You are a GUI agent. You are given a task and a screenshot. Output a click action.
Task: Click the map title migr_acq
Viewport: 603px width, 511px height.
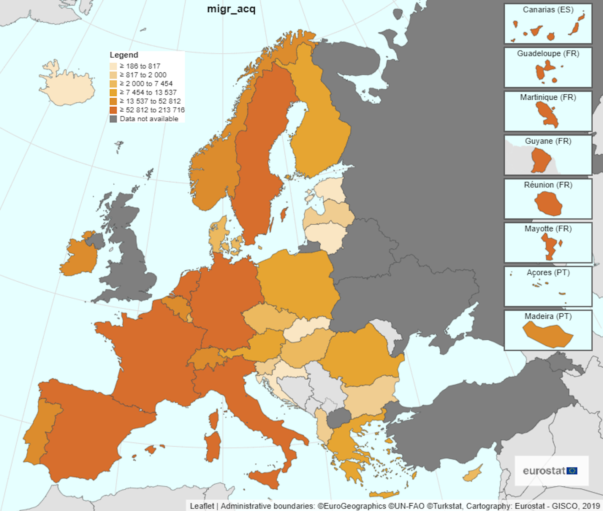pyautogui.click(x=231, y=9)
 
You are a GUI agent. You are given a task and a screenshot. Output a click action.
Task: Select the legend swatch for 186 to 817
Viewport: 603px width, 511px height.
pyautogui.click(x=113, y=66)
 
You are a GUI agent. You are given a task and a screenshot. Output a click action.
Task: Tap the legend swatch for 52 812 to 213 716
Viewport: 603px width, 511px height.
pyautogui.click(x=113, y=110)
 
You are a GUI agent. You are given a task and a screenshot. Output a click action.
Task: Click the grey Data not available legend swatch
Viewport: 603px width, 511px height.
pyautogui.click(x=113, y=119)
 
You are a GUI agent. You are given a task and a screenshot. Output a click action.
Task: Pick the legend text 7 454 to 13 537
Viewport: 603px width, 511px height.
pyautogui.click(x=148, y=93)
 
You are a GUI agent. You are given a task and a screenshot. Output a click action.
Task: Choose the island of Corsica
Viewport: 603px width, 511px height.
pyautogui.click(x=214, y=420)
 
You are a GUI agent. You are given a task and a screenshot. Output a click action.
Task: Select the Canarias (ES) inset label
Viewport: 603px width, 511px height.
pyautogui.click(x=548, y=10)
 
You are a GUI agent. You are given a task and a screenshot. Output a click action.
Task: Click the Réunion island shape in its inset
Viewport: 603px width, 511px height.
pyautogui.click(x=548, y=204)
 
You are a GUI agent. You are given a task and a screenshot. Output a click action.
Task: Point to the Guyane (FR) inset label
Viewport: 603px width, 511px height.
pyautogui.click(x=548, y=141)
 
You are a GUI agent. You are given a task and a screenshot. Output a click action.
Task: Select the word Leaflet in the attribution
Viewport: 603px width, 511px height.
pyautogui.click(x=202, y=506)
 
